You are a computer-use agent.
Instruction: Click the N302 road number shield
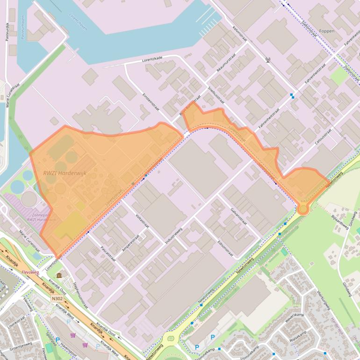point(58,298)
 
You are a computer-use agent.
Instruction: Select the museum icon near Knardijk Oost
point(58,275)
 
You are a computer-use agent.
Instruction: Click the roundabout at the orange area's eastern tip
point(303,208)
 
